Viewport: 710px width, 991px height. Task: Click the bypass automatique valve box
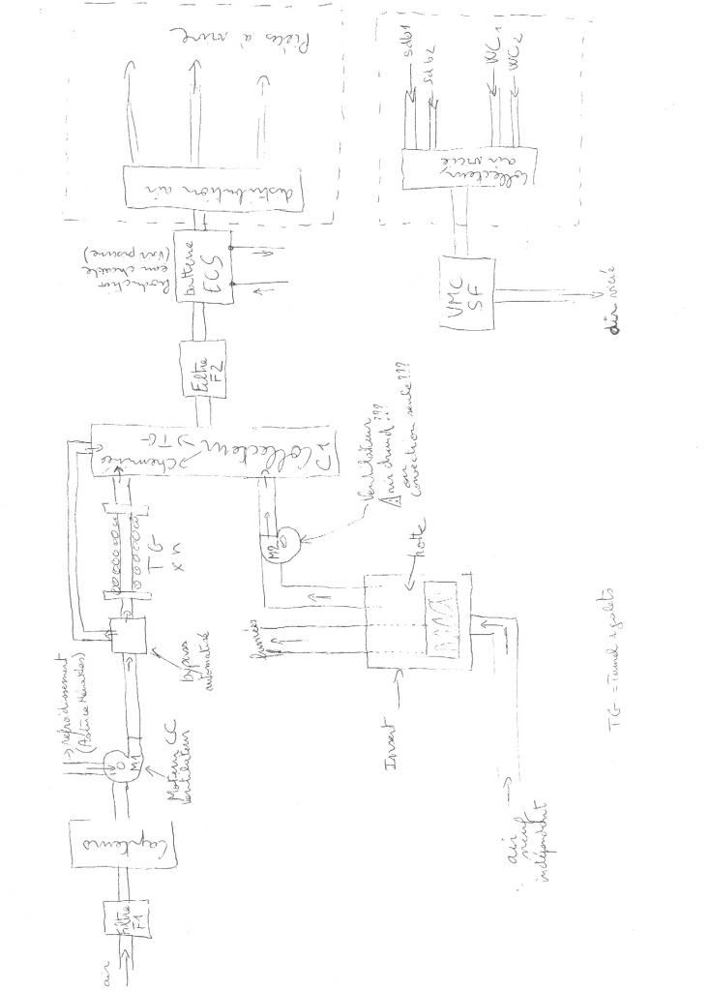(125, 633)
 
